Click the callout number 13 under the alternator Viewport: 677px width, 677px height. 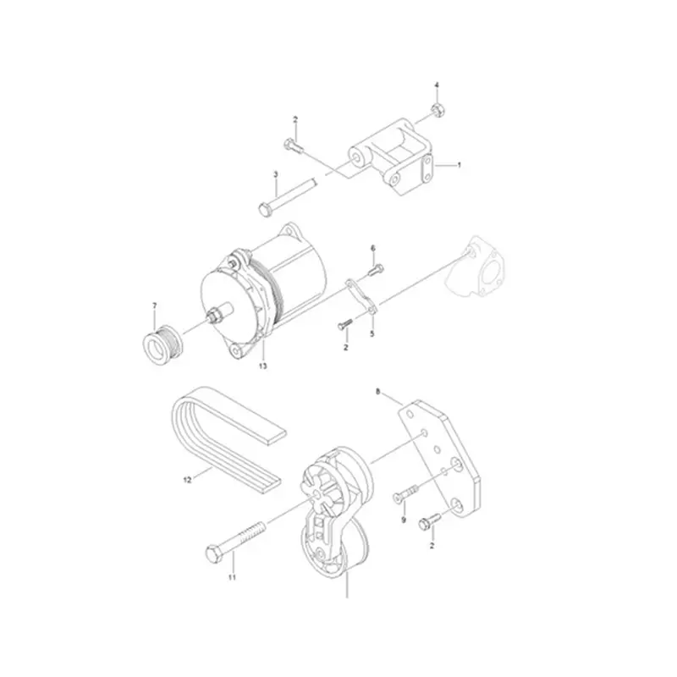coord(262,366)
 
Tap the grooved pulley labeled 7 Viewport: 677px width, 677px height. coord(158,342)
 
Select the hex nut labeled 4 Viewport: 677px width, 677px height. coord(437,110)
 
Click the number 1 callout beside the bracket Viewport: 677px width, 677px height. coord(459,165)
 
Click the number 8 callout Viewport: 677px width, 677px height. coord(378,392)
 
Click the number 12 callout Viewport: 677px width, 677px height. coord(188,479)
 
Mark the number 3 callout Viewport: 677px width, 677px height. coord(276,173)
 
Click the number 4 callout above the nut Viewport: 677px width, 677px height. coord(437,85)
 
